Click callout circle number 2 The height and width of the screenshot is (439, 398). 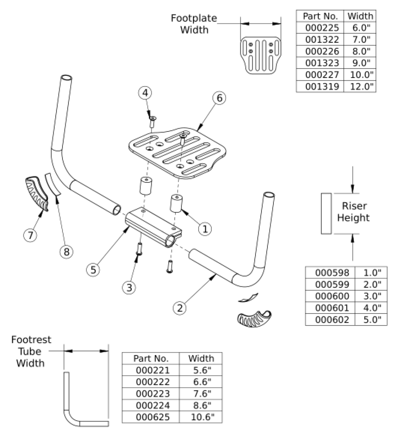[x=180, y=308]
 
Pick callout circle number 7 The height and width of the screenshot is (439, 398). [x=30, y=235]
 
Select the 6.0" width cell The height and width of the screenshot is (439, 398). [x=360, y=28]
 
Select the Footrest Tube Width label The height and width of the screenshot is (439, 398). [x=31, y=352]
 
